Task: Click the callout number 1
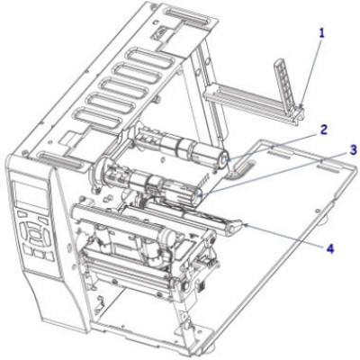[x=321, y=33]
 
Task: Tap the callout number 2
[x=323, y=130]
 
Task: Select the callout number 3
[x=353, y=149]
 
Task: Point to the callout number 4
[x=330, y=248]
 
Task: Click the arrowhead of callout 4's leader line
[x=243, y=224]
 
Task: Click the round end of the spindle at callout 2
[x=223, y=160]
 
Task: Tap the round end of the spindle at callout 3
[x=197, y=196]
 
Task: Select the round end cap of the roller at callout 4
[x=232, y=229]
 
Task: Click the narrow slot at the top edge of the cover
[x=187, y=15]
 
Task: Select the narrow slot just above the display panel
[x=61, y=160]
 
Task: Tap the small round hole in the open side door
[x=317, y=211]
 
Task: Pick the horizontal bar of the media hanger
[x=249, y=103]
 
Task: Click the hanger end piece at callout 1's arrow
[x=299, y=114]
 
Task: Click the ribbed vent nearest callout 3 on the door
[x=329, y=166]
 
